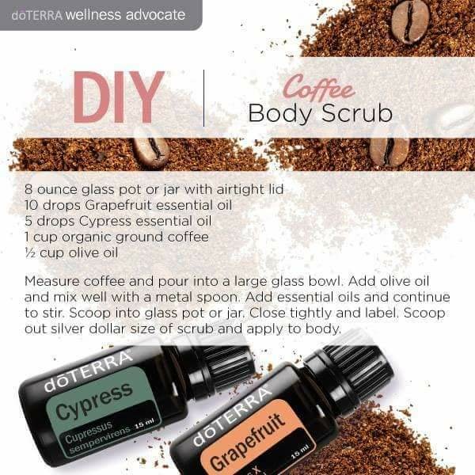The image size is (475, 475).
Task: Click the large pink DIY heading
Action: (x=119, y=97)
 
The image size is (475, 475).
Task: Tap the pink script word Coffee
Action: (x=319, y=88)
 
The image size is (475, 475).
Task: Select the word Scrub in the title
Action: (x=357, y=112)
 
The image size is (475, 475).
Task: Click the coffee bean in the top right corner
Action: (x=410, y=21)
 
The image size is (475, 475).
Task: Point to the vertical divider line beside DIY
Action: (x=204, y=98)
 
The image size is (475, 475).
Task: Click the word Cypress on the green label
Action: (x=94, y=399)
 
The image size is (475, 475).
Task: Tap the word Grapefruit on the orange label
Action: (x=247, y=441)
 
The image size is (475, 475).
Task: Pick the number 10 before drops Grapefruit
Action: (x=31, y=205)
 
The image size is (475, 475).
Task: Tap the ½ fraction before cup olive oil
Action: (x=31, y=253)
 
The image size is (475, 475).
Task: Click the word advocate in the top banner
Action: (x=155, y=15)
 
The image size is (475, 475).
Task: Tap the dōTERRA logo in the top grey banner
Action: (x=36, y=16)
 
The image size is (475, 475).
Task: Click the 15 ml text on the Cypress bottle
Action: (x=145, y=424)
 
